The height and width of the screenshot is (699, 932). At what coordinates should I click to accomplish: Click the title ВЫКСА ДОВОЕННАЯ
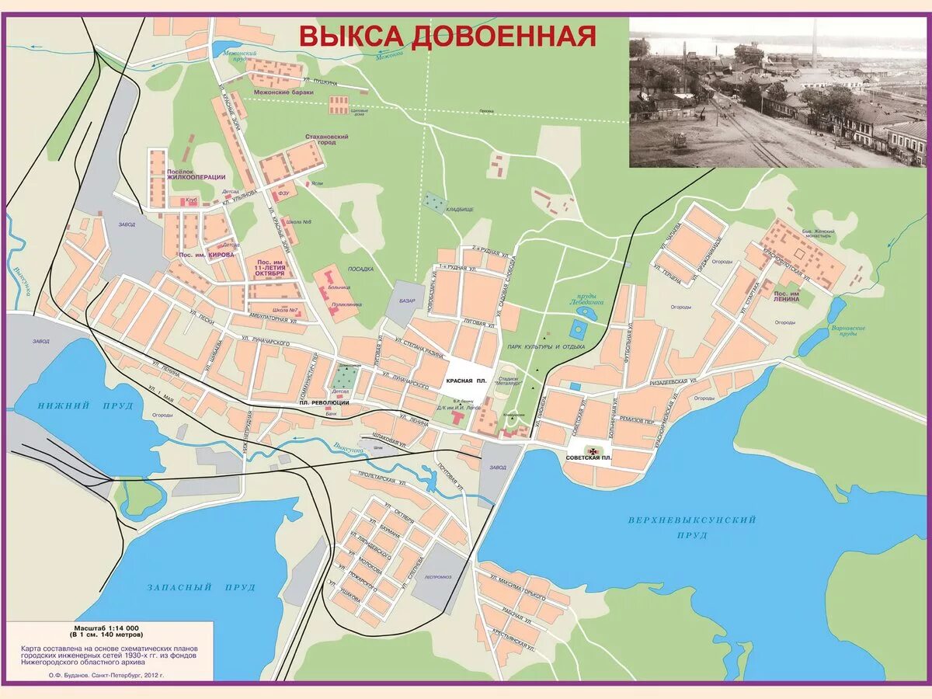tap(448, 36)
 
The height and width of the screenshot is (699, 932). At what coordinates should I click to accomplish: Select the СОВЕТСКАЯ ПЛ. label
tap(589, 459)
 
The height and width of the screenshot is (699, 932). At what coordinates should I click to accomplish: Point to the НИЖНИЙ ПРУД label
tap(75, 406)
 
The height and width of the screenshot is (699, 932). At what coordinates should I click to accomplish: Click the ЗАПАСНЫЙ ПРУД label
tap(201, 588)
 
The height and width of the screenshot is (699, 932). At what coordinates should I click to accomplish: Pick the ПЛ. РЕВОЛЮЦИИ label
tap(324, 403)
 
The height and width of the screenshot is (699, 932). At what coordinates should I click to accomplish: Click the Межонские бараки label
tap(283, 92)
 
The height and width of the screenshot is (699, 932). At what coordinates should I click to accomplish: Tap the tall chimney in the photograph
tap(813, 43)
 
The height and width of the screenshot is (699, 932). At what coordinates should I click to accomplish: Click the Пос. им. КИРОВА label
tap(201, 256)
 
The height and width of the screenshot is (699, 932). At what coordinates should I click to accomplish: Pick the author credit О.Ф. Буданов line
tap(106, 676)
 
